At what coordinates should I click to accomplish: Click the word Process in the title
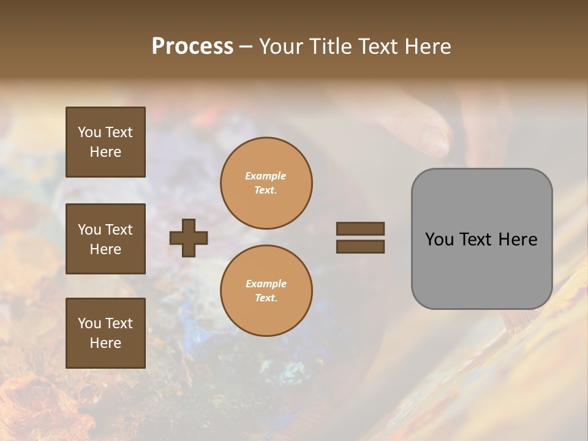192,47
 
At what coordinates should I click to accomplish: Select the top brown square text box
105,142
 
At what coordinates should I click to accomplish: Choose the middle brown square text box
105,239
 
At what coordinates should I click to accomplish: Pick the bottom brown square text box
105,333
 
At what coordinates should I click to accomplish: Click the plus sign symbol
189,238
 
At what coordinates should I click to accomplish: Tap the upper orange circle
266,183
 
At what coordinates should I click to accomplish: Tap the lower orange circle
266,291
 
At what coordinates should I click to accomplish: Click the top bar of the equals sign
360,228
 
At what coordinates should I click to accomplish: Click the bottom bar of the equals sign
360,247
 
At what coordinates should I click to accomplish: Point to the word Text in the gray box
478,239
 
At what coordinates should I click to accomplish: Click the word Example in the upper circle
266,176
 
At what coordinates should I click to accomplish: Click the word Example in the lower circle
266,284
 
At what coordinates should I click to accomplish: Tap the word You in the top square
89,132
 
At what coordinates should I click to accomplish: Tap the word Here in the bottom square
105,343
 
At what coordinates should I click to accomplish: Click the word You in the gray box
439,239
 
